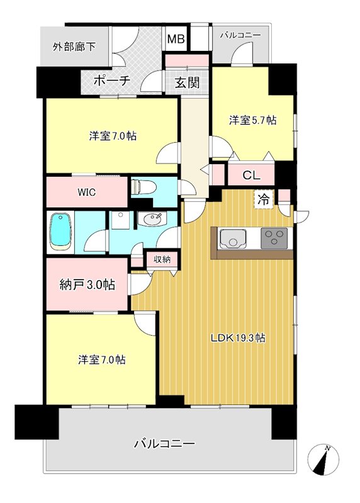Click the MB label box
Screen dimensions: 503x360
click(x=176, y=40)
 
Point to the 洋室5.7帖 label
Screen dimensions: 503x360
click(x=252, y=119)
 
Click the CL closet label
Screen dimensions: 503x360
click(x=251, y=175)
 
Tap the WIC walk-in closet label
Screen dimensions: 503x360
click(x=87, y=192)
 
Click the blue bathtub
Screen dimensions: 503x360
click(x=60, y=232)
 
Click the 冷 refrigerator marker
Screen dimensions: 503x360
click(x=264, y=200)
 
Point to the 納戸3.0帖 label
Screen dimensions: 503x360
click(x=87, y=285)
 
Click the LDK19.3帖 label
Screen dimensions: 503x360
click(x=237, y=338)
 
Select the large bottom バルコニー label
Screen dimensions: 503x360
click(x=164, y=443)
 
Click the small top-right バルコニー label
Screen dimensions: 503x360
click(x=240, y=36)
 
